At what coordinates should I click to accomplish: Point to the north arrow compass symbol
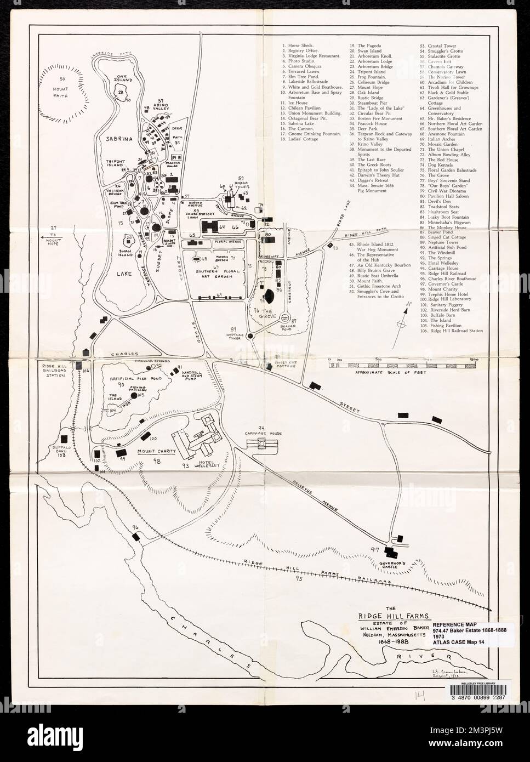coord(403,319)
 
